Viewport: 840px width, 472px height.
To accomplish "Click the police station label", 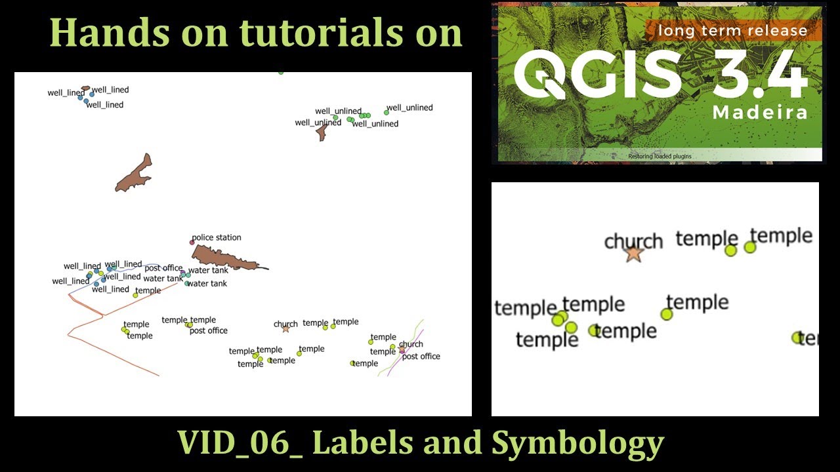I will [x=216, y=237].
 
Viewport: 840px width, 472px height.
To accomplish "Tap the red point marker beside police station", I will [x=192, y=243].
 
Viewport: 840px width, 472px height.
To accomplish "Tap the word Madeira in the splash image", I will [x=760, y=112].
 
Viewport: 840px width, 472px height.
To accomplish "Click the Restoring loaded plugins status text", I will [x=660, y=157].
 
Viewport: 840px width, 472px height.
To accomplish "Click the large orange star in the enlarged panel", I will [x=633, y=254].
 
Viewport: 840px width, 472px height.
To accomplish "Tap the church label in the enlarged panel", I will [x=633, y=241].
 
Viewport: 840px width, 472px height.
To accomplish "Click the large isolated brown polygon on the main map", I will [x=133, y=174].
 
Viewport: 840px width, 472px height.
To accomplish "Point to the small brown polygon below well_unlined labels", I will [x=322, y=133].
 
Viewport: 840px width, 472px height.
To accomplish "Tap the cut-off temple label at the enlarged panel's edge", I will [x=808, y=338].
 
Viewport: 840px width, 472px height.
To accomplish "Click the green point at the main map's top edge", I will [x=281, y=72].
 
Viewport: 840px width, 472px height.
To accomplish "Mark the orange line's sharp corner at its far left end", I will [x=68, y=336].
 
